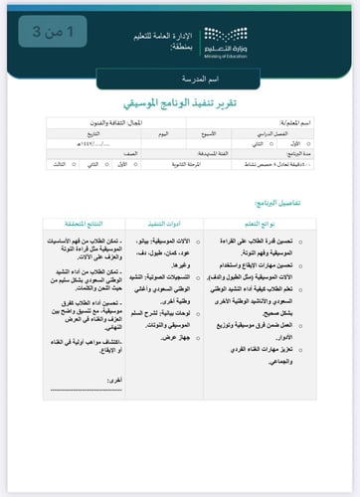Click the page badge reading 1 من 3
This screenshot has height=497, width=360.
click(52, 32)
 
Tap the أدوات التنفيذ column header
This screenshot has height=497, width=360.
click(164, 224)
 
